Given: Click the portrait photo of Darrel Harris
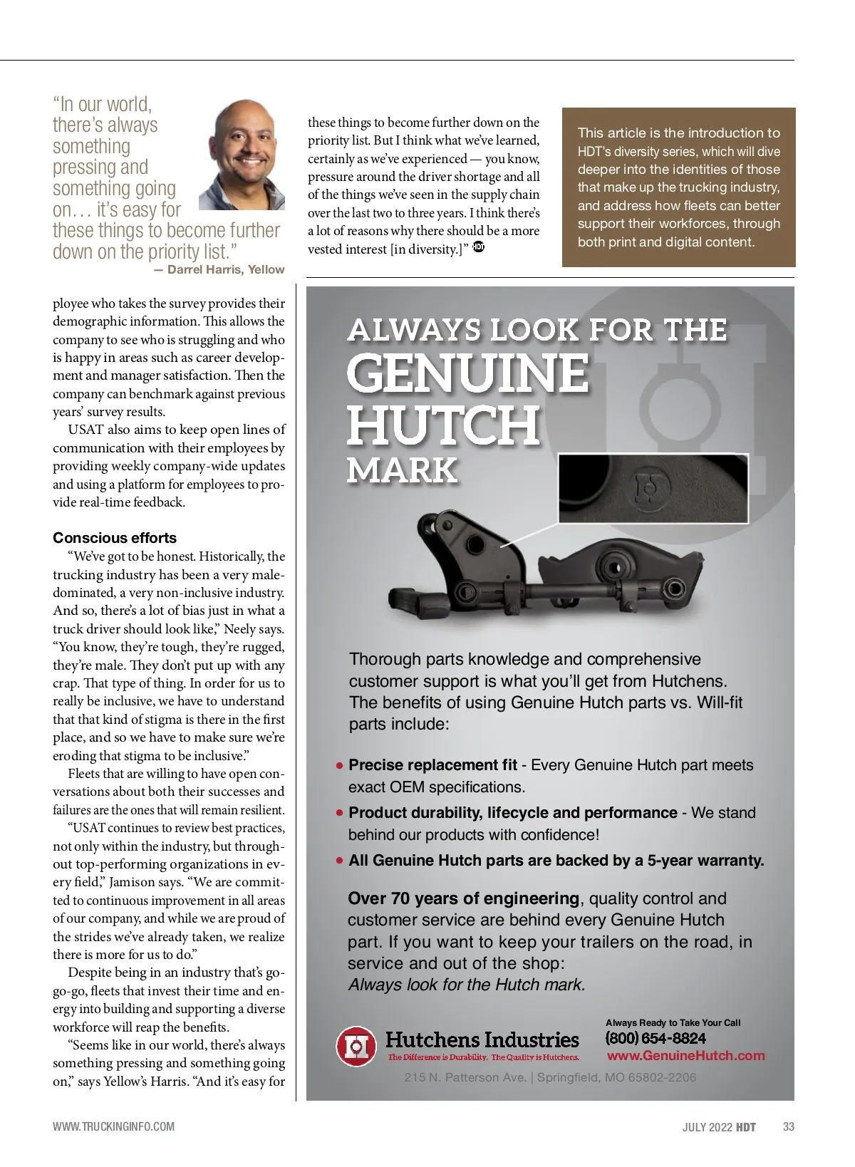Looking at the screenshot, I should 242,155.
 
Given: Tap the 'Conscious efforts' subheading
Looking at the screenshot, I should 115,538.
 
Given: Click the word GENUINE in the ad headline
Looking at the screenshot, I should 467,373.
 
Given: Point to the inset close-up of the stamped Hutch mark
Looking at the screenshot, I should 653,489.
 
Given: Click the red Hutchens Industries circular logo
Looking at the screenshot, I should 356,1046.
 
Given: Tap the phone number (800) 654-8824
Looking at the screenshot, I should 655,1038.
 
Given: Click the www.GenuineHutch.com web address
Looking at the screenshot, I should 685,1056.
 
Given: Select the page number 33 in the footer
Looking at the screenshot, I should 788,1126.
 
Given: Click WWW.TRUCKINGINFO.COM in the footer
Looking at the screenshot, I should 113,1126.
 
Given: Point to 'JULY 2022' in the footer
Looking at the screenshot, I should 707,1127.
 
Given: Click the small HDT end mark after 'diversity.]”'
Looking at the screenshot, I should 478,248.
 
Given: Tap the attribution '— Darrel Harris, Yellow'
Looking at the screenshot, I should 219,269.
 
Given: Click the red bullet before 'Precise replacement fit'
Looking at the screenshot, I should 339,766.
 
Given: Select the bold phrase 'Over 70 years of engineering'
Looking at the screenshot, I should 463,898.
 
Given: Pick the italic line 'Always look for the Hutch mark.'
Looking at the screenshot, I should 466,985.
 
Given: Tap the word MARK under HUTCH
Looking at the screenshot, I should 402,470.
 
